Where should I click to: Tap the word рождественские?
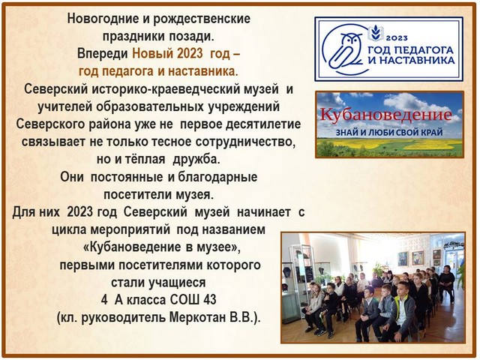(x=202, y=19)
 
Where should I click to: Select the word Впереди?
(x=102, y=54)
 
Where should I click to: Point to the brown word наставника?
(x=202, y=71)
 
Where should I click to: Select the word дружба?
(x=196, y=160)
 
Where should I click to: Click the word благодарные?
(x=217, y=178)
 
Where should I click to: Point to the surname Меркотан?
(x=197, y=318)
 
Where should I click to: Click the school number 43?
(x=209, y=300)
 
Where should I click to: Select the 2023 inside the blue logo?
(x=397, y=37)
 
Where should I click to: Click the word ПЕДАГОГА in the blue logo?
(x=424, y=50)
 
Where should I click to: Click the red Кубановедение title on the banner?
(x=385, y=115)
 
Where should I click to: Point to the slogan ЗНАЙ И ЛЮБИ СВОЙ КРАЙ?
(x=389, y=133)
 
